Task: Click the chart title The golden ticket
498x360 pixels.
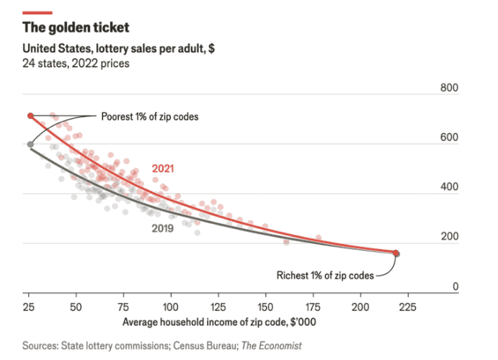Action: tap(76, 28)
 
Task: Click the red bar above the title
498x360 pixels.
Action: tap(37, 12)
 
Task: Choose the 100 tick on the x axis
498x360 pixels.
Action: tap(171, 305)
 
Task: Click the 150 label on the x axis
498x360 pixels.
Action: tap(266, 305)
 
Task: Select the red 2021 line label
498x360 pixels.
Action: tap(163, 169)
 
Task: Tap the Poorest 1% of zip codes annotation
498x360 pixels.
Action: tap(149, 116)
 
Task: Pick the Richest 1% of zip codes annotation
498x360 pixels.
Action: tap(325, 274)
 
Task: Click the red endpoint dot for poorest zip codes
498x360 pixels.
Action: tap(30, 116)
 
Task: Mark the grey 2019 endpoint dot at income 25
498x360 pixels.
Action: tap(30, 145)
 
